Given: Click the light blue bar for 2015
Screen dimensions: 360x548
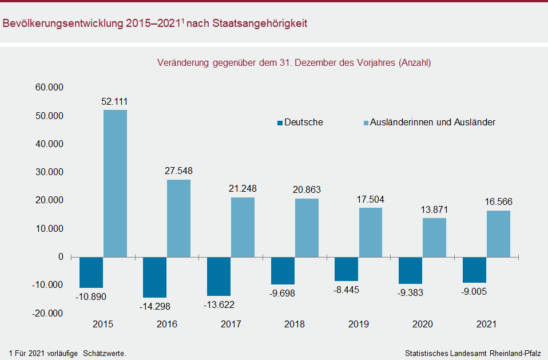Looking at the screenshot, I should (x=115, y=183).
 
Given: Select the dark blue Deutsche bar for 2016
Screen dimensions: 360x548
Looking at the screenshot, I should (x=155, y=277).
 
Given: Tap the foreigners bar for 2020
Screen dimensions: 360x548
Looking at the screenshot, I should (x=434, y=238).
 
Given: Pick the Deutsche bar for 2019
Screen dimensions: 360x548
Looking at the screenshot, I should (x=347, y=269).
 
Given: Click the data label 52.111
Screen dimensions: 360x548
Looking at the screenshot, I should (x=114, y=102).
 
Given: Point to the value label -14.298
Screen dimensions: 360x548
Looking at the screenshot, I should (x=155, y=306).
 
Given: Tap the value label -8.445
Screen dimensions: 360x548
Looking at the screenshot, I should (x=347, y=290).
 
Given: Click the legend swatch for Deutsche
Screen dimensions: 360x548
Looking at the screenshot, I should (x=280, y=122).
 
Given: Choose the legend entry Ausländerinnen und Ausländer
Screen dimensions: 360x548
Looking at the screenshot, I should (x=432, y=122).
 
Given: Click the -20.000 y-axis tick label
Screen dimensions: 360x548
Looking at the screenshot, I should (x=49, y=313).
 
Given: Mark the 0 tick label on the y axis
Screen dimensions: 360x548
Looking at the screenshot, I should (x=60, y=257).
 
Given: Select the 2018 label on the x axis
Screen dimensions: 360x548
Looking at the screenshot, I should (x=295, y=325).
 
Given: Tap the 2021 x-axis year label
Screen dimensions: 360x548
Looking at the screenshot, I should (x=486, y=325).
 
